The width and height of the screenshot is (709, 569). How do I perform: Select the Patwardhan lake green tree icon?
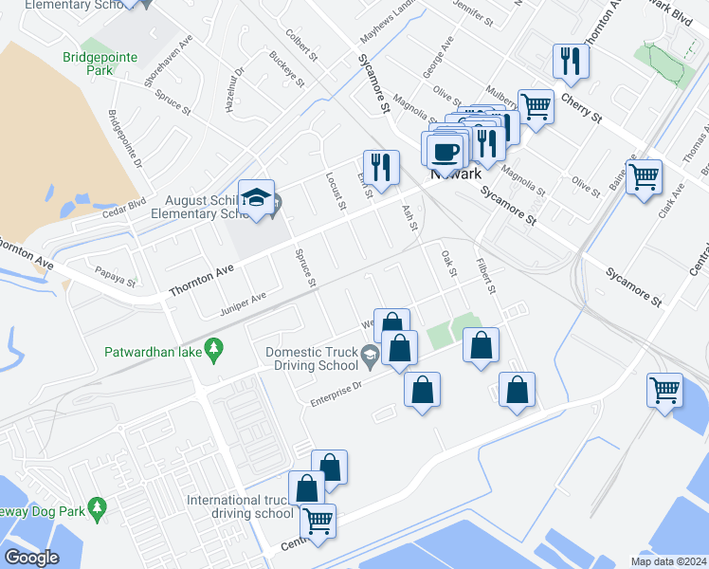(x=215, y=350)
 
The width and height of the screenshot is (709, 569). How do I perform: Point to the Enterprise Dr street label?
(x=336, y=394)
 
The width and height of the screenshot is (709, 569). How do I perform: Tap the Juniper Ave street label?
(x=243, y=303)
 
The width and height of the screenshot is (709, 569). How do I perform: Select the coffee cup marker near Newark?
(x=444, y=152)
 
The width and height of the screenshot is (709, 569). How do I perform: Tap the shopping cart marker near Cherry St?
(x=536, y=106)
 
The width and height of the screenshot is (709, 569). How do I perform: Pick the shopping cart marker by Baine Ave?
(x=644, y=176)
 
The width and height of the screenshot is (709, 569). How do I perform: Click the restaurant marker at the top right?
(x=571, y=62)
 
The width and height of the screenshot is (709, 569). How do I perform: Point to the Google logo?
(x=30, y=557)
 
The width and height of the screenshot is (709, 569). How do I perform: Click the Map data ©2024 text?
(x=668, y=561)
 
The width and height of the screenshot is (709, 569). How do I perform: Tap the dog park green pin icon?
(x=97, y=509)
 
